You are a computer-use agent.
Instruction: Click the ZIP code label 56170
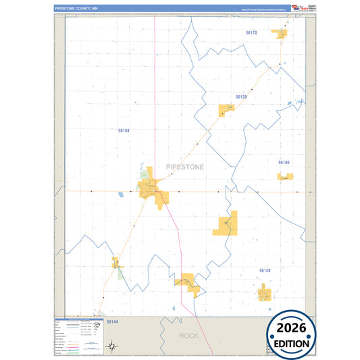251,32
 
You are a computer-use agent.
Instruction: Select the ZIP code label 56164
123,130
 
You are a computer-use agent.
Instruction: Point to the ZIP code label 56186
284,163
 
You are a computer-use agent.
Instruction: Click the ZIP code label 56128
265,270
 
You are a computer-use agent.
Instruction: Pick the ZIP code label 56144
112,322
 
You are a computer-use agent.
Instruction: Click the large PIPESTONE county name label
184,166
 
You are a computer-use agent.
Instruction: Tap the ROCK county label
189,336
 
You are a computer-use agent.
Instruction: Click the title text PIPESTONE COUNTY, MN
76,9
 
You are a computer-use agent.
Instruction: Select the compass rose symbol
113,347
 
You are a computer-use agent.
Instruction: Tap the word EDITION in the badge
292,343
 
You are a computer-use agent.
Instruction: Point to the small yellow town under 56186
285,177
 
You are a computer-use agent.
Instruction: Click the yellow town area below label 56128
264,292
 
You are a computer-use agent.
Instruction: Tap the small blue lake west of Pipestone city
120,195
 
